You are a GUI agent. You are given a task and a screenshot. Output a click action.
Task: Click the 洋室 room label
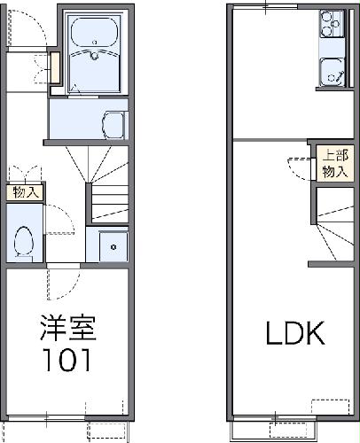[x=67, y=330]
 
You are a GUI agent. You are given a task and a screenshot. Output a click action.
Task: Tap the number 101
[x=67, y=361]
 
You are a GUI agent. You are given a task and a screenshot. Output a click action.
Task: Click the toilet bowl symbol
[x=25, y=238]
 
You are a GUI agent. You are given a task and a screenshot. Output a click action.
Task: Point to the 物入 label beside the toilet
[x=25, y=192]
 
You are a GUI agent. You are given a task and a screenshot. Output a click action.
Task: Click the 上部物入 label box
[x=333, y=163]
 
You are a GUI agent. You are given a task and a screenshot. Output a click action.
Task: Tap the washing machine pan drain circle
[x=113, y=246]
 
